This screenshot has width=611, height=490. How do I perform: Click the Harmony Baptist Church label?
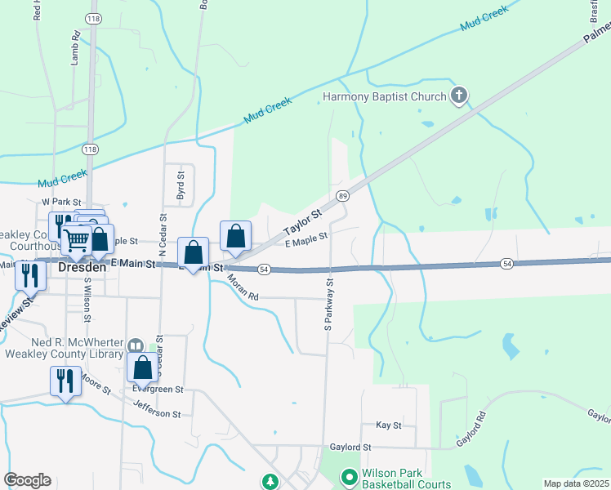coord(384,96)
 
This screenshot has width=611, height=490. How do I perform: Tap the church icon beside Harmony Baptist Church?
coord(459,96)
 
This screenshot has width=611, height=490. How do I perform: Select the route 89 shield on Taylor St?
coord(343,196)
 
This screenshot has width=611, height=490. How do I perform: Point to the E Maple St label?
coord(305,237)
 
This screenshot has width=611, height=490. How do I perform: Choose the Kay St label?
coord(389,425)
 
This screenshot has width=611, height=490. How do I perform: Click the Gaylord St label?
coord(350,448)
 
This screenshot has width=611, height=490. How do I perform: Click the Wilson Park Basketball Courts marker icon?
coord(349,475)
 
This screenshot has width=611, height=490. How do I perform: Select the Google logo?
coord(27,480)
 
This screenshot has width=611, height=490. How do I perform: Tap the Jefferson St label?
coord(156,412)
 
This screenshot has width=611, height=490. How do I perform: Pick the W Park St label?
coord(62,202)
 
